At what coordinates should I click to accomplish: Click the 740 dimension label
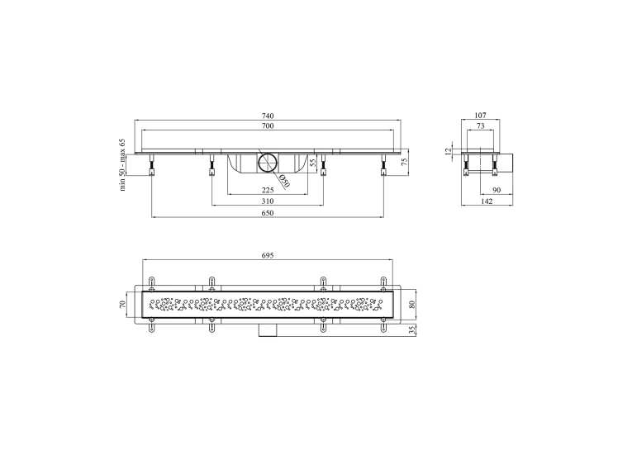coord(268,116)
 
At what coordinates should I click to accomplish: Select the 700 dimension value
coord(268,126)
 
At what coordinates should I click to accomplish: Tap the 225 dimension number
coord(268,190)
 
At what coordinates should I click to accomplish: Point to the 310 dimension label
coord(268,201)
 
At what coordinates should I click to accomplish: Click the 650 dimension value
coord(268,213)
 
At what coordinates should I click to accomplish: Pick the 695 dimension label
coord(268,255)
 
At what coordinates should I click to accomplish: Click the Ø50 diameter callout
coord(284,182)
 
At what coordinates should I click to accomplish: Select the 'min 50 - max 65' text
coord(122,165)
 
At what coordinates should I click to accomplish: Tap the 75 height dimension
coord(405,162)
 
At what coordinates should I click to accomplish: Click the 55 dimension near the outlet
coord(312,163)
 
